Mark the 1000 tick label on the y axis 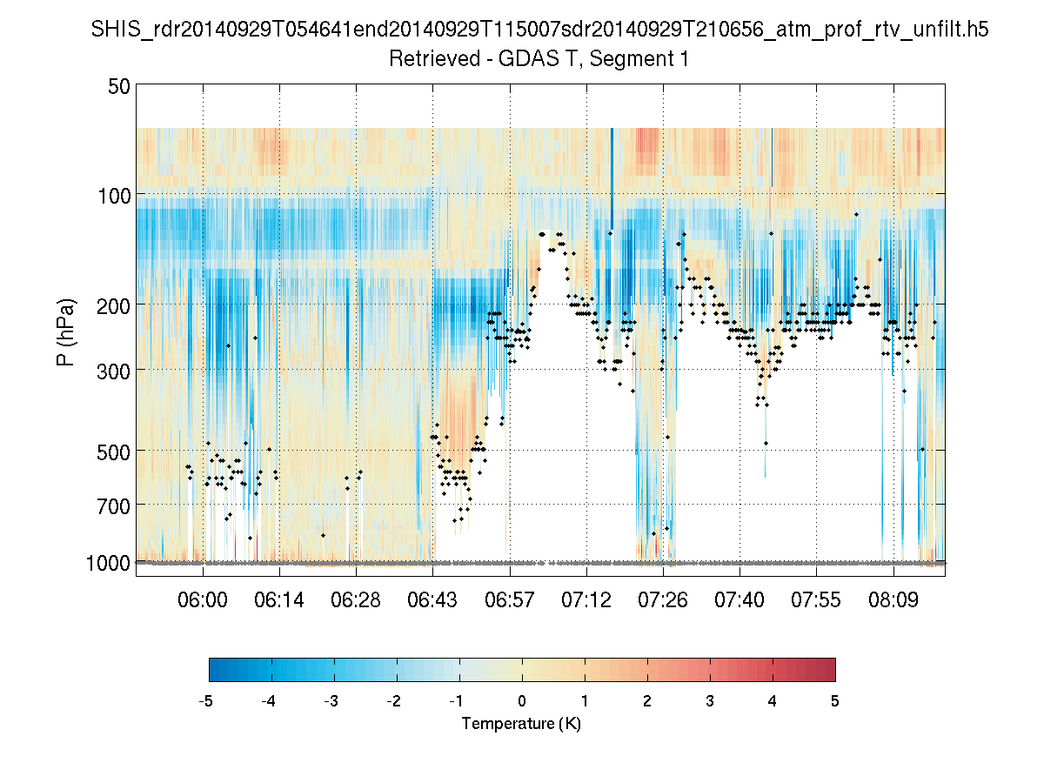[x=109, y=563]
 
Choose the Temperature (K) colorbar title [x=521, y=724]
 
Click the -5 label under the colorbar [x=206, y=701]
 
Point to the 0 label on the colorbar [x=522, y=701]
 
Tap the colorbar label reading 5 [x=835, y=701]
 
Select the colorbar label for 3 [x=710, y=701]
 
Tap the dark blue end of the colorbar [x=215, y=669]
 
